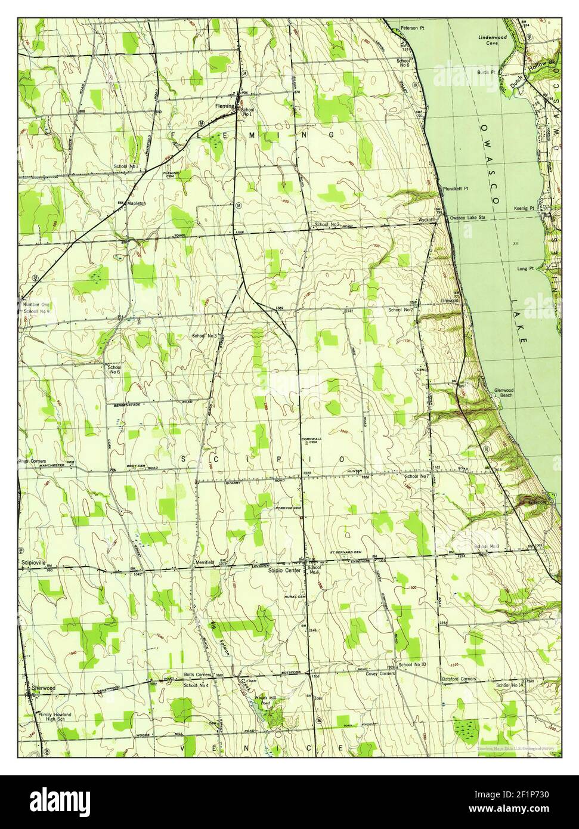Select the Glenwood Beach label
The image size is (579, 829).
[x=503, y=393]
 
